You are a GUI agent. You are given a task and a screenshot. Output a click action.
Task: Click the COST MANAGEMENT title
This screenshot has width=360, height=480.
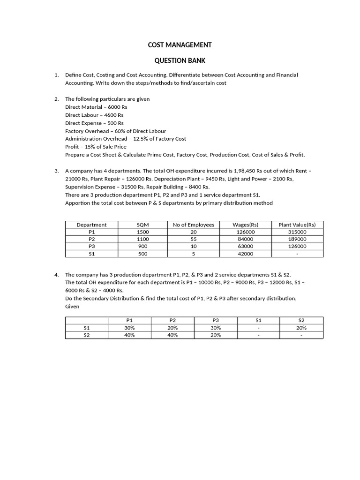[180, 45]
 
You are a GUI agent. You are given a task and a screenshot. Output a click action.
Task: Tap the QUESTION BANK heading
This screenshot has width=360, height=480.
[180, 60]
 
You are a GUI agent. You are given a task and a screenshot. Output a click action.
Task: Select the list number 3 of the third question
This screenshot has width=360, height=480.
[56, 171]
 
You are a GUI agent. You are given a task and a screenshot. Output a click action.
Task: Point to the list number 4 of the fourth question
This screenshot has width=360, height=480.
[56, 275]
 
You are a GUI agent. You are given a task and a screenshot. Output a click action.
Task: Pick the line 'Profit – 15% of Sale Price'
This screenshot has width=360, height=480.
[96, 147]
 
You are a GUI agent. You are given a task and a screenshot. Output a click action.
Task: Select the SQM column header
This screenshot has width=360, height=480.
[142, 225]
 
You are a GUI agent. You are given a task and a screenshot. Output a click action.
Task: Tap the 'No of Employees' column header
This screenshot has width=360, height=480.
[193, 225]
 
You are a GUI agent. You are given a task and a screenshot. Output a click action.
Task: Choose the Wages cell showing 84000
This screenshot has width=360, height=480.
[246, 239]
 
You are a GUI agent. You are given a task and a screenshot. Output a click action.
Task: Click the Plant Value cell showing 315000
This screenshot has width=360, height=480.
[297, 232]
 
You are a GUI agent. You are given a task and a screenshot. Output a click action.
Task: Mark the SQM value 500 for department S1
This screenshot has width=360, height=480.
[142, 254]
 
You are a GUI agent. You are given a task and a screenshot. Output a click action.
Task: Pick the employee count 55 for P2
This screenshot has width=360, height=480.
[193, 239]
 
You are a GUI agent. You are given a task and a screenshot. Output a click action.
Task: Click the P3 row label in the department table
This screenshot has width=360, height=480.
[91, 247]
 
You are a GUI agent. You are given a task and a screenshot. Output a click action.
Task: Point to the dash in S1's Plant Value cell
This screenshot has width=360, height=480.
[297, 254]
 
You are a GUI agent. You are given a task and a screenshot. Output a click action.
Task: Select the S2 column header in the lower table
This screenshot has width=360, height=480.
[301, 320]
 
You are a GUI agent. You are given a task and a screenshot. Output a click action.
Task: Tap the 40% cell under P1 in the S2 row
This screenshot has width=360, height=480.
[129, 335]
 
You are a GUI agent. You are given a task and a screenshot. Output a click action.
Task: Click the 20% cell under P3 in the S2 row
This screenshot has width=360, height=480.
[216, 335]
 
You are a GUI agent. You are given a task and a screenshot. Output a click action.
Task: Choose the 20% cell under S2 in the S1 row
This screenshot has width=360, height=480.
[301, 328]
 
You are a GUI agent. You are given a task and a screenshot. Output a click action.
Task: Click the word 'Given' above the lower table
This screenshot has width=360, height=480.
[72, 307]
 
